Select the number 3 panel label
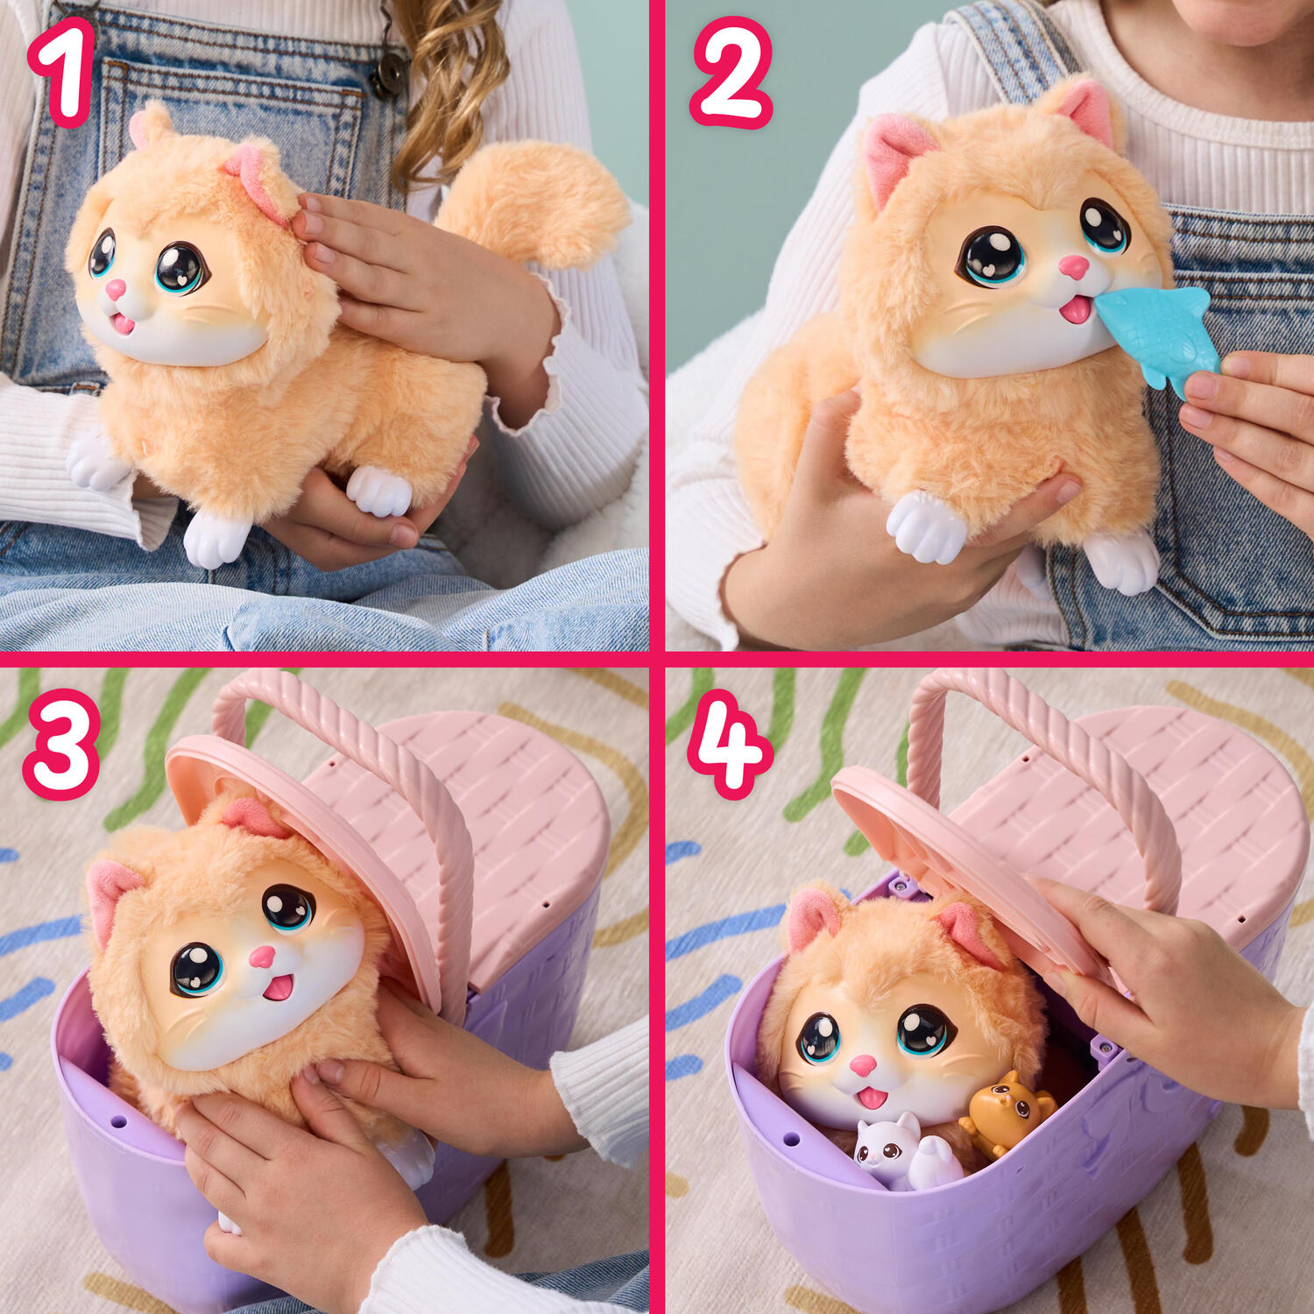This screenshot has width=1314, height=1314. click(x=61, y=744)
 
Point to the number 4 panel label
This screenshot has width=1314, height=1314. click(x=730, y=744)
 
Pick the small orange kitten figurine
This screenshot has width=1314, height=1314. click(x=1007, y=1113)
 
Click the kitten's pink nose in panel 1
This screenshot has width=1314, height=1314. click(x=117, y=289)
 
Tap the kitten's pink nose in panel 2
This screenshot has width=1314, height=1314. click(x=1073, y=266)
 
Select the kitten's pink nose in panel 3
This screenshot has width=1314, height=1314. click(x=262, y=956)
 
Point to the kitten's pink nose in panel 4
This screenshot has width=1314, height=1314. click(x=863, y=1065)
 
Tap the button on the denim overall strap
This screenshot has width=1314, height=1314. click(x=389, y=74)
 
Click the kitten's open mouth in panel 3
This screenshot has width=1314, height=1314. click(x=279, y=987)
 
